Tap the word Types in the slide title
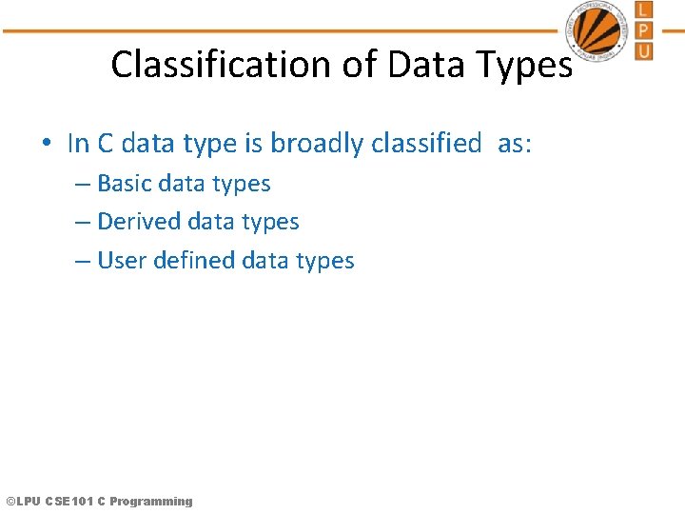pyautogui.click(x=526, y=65)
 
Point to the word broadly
pyautogui.click(x=316, y=144)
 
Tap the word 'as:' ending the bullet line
pyautogui.click(x=515, y=144)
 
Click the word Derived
pyautogui.click(x=139, y=222)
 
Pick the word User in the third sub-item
pyautogui.click(x=121, y=261)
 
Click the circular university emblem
pyautogui.click(x=598, y=30)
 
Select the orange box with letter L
pyautogui.click(x=644, y=10)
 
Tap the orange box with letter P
pyautogui.click(x=644, y=30)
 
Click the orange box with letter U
pyautogui.click(x=644, y=50)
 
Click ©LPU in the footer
pyautogui.click(x=23, y=501)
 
